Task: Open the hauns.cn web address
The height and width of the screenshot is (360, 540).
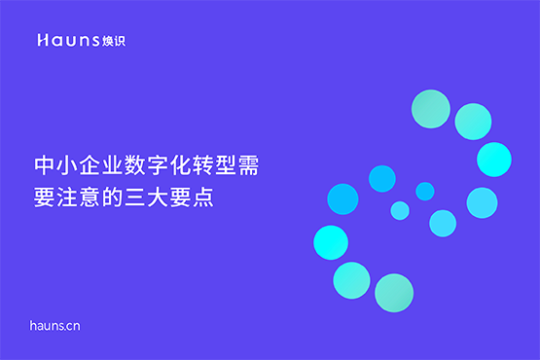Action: click(x=55, y=326)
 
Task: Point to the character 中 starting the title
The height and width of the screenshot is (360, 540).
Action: click(x=43, y=165)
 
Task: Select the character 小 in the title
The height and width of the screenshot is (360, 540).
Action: click(x=67, y=165)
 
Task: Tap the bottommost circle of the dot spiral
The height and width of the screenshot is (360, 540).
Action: click(x=394, y=292)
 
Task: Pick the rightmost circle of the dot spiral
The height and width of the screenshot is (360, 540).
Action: click(x=494, y=159)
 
